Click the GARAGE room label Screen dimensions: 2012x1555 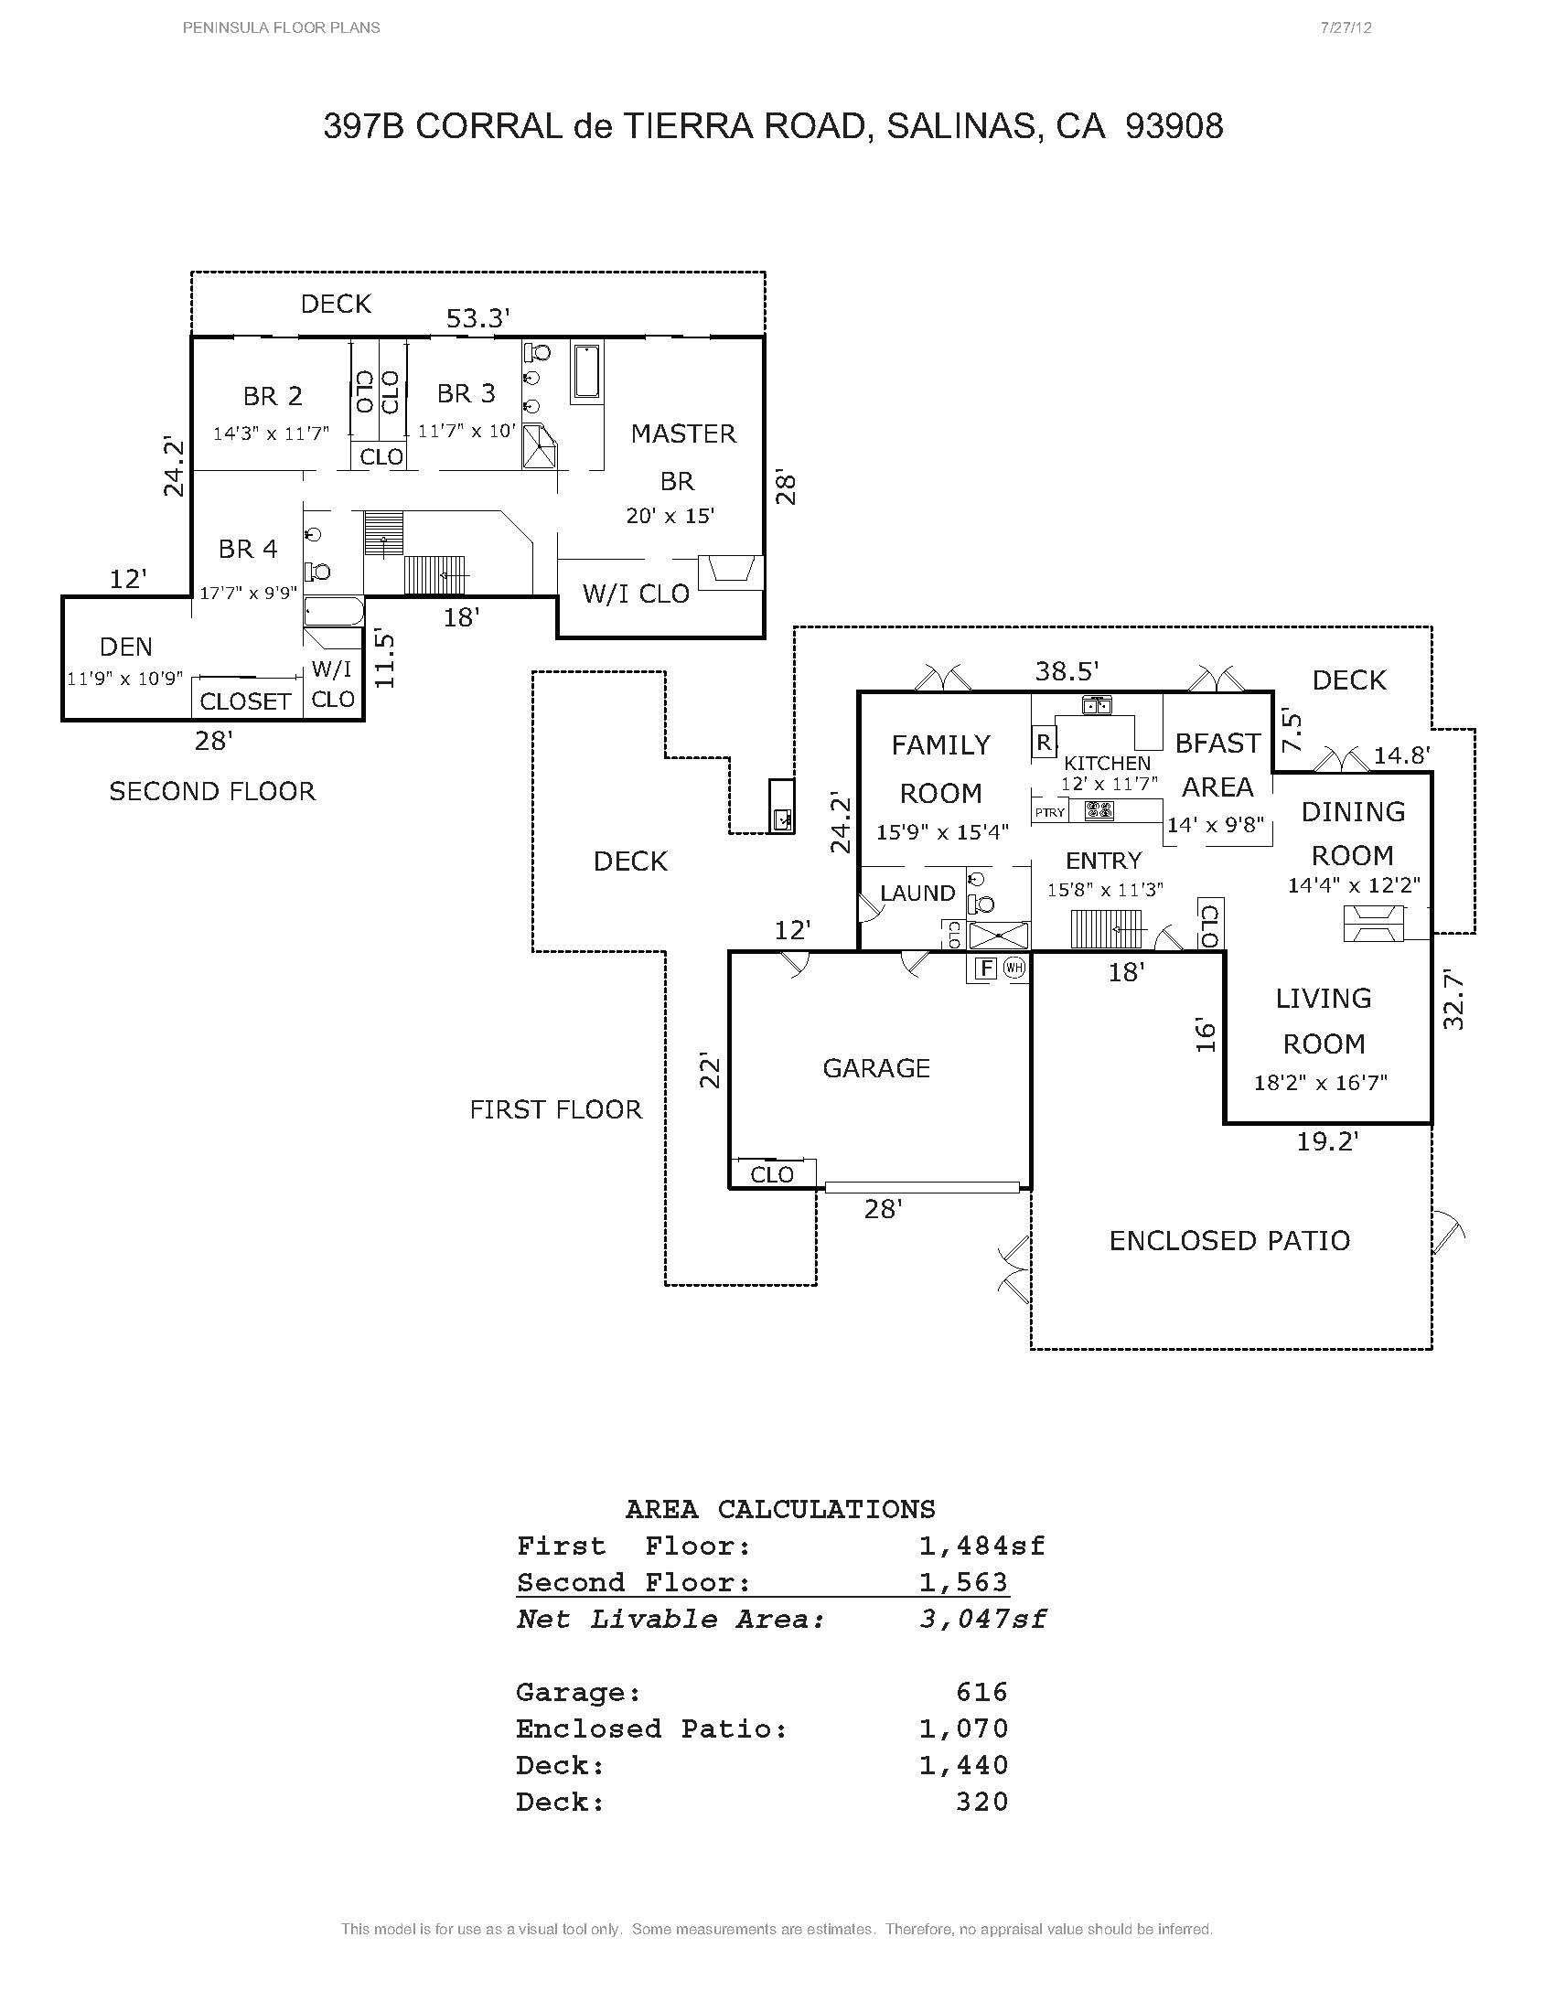pyautogui.click(x=876, y=1068)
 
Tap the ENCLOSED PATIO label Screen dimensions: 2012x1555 pyautogui.click(x=1228, y=1241)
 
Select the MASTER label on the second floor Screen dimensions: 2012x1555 pyautogui.click(x=682, y=433)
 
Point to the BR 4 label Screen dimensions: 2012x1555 pyautogui.click(x=248, y=549)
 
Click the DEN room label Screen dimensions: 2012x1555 pyautogui.click(x=126, y=647)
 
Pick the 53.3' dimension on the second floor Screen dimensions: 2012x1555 pyautogui.click(x=478, y=319)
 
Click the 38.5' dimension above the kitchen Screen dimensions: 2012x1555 pyautogui.click(x=1067, y=670)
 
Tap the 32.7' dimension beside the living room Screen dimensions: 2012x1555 pyautogui.click(x=1453, y=999)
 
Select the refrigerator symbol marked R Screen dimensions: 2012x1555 pyautogui.click(x=1044, y=743)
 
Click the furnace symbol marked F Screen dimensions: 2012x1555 pyautogui.click(x=986, y=969)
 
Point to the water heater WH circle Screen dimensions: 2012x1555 pyautogui.click(x=1014, y=969)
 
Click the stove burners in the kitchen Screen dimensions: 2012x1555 pyautogui.click(x=1099, y=811)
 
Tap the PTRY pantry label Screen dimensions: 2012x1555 pyautogui.click(x=1049, y=812)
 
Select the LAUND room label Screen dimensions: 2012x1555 pyautogui.click(x=917, y=893)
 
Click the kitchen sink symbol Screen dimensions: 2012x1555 pyautogui.click(x=1096, y=706)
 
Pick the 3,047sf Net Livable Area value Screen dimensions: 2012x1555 pyautogui.click(x=982, y=1619)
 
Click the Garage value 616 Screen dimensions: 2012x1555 pyautogui.click(x=982, y=1691)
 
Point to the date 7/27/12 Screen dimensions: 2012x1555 pyautogui.click(x=1346, y=27)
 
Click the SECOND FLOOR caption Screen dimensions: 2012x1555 pyautogui.click(x=212, y=791)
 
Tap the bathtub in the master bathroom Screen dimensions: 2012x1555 pyautogui.click(x=586, y=371)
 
